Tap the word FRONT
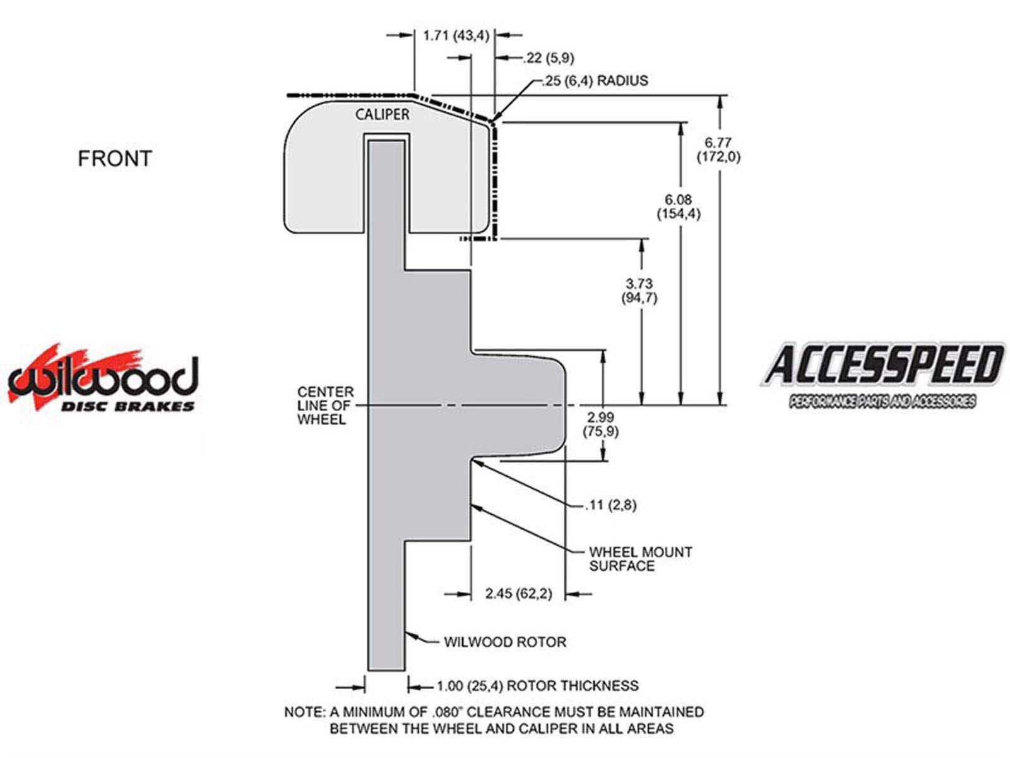point(115,159)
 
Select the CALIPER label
point(382,114)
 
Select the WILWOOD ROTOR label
point(505,642)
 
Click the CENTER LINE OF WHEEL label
point(326,406)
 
